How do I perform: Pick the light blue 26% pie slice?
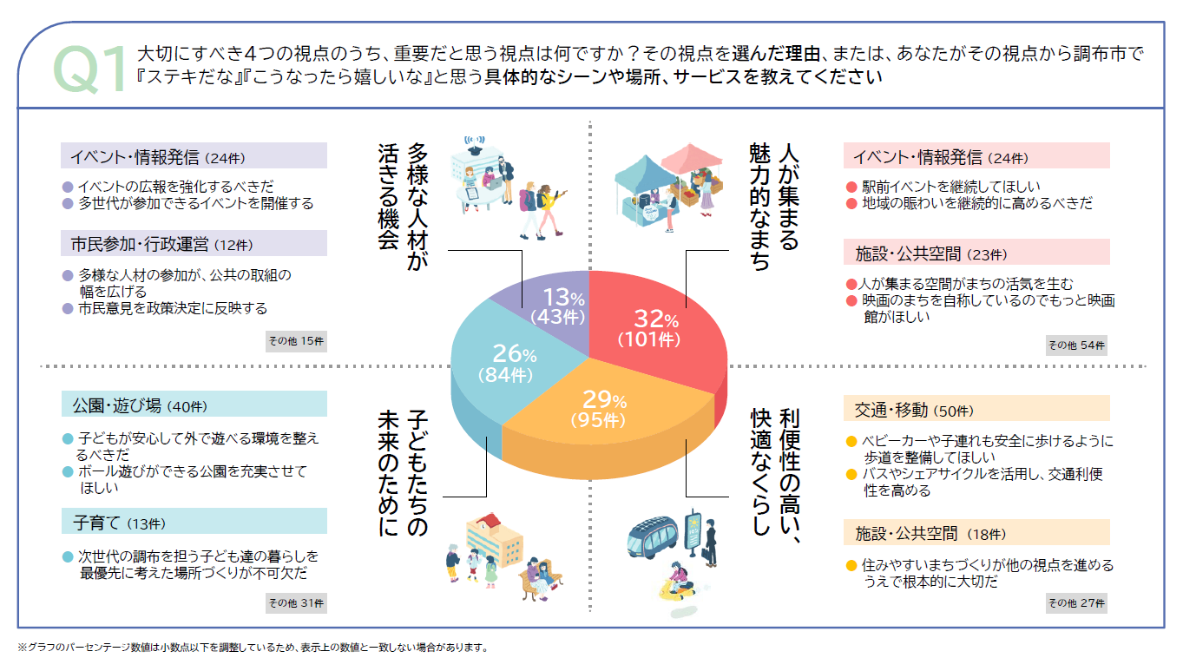pyautogui.click(x=512, y=365)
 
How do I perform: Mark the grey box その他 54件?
pyautogui.click(x=1076, y=345)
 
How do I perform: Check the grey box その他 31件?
pyautogui.click(x=296, y=602)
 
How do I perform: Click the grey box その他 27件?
pyautogui.click(x=1076, y=602)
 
